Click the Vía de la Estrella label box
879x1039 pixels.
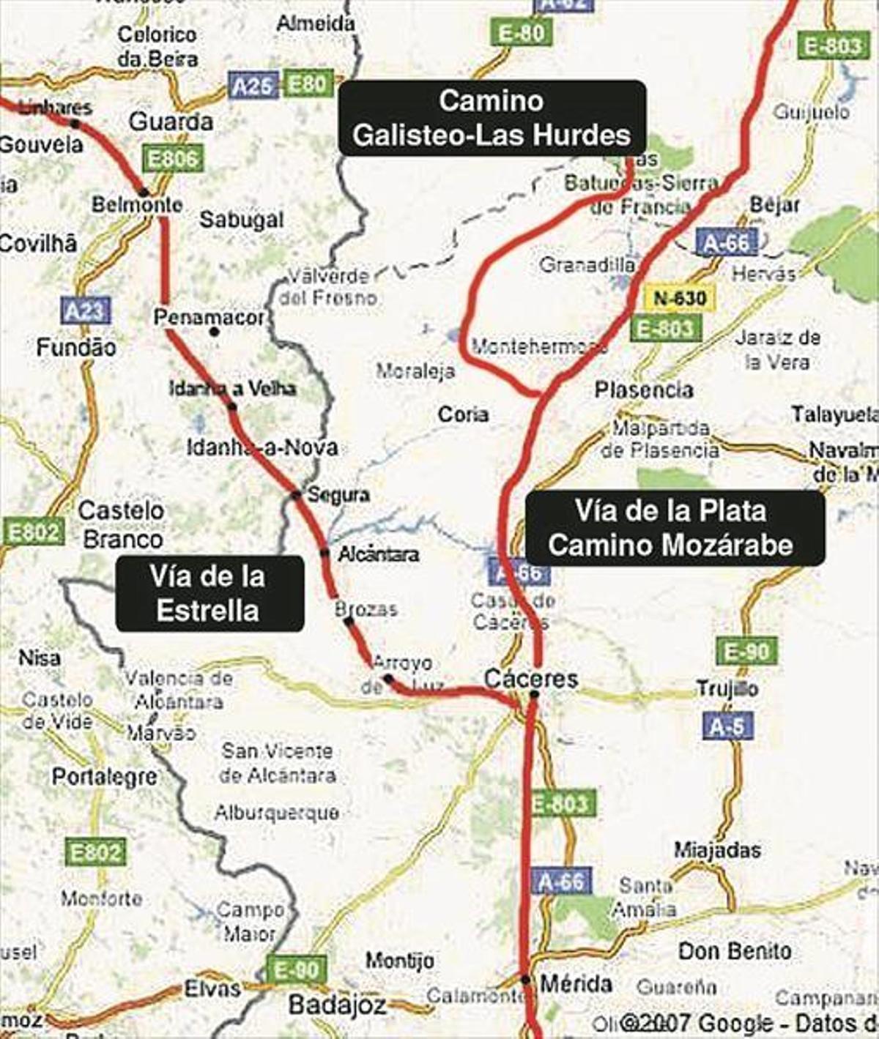[209, 594]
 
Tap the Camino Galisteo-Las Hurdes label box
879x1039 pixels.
[492, 118]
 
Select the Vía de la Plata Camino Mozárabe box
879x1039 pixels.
[675, 528]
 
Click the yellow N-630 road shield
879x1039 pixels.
[680, 298]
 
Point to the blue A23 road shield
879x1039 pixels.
[86, 311]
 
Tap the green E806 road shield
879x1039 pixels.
[173, 159]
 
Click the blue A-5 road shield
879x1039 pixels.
[727, 726]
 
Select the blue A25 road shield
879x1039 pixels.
[253, 86]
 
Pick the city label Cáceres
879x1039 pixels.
[531, 679]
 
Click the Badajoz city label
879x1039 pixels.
[337, 1005]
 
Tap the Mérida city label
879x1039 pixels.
[576, 983]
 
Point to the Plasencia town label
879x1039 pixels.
[644, 390]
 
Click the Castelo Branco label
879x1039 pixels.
[122, 524]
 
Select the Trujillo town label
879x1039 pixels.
[727, 688]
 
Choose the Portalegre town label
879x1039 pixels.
[104, 777]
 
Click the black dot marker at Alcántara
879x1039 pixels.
[324, 552]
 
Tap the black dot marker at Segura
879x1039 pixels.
[296, 495]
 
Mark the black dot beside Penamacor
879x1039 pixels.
[214, 332]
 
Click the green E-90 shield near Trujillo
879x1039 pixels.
[746, 650]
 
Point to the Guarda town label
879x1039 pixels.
[171, 122]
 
